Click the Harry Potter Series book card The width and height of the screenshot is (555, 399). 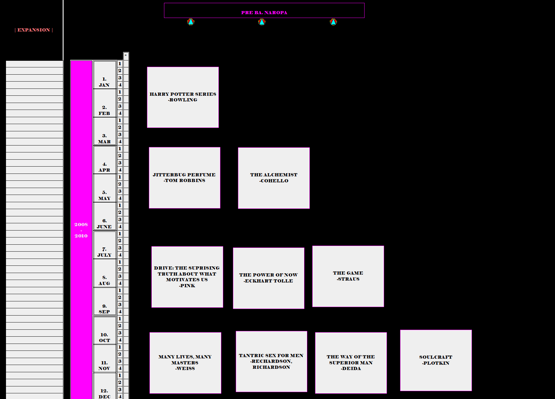pos(183,97)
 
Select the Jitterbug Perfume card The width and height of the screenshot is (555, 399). pos(184,178)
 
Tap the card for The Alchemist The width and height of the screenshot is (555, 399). pos(274,178)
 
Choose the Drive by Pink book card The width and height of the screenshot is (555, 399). pos(187,277)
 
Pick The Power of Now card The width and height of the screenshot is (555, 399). pos(269,278)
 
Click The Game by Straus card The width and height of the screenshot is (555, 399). pos(348,276)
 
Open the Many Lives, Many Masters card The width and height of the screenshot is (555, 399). pos(185,363)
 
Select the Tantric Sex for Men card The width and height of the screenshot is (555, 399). pos(271,362)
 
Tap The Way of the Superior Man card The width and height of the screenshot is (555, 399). pos(351,363)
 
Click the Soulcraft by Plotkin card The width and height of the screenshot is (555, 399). pos(436,360)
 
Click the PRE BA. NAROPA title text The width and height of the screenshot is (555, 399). pos(264,13)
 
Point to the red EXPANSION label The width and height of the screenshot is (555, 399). pos(34,30)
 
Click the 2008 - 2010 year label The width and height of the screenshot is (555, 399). pos(81,230)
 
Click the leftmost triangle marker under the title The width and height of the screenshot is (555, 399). pos(191,22)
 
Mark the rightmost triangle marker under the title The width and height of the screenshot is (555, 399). pos(333,22)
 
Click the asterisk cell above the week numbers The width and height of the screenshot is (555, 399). pos(126,55)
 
